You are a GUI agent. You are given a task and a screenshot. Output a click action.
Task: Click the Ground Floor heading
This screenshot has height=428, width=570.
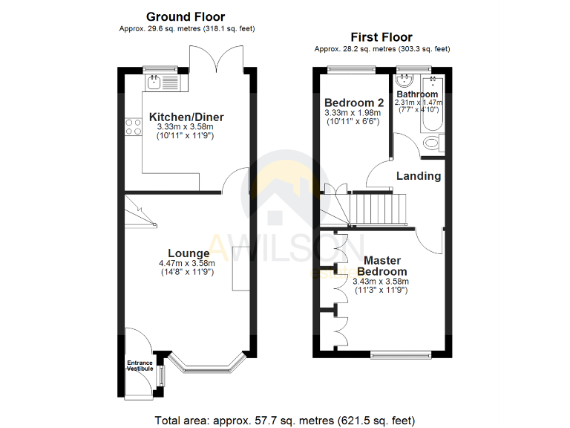pos(186,16)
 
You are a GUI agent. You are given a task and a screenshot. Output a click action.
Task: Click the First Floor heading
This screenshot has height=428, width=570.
pos(381,37)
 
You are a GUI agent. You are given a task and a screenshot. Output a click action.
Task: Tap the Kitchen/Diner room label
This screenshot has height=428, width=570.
pos(186,117)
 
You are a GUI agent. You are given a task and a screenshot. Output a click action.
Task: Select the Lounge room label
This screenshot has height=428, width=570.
pos(189,253)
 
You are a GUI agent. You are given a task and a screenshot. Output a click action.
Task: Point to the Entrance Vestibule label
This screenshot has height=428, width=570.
pos(140,366)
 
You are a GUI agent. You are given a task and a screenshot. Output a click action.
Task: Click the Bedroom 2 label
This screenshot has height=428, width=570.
pos(354,103)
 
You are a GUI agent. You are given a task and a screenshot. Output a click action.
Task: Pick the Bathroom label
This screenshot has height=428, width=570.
pos(416,94)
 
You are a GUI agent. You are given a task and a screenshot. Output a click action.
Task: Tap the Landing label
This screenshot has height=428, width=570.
pos(419,176)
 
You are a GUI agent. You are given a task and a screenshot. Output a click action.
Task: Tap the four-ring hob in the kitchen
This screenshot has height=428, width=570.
pos(134,127)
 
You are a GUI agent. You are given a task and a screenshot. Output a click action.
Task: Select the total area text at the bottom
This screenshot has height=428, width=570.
pos(284,420)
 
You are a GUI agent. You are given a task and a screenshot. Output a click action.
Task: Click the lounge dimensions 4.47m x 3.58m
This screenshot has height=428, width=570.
pos(187,263)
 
